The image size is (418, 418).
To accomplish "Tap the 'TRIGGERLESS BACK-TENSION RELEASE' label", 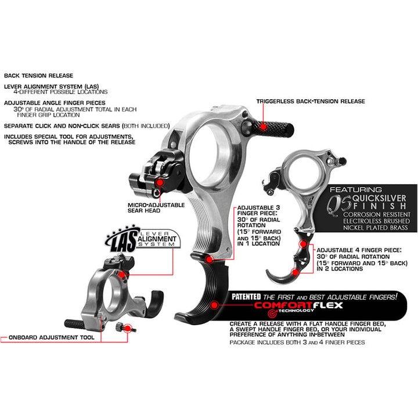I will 311,102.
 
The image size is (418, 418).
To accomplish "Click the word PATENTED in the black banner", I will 246,296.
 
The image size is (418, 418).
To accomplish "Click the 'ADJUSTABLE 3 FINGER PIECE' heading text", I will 259,208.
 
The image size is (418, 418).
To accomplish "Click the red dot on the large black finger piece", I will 214,303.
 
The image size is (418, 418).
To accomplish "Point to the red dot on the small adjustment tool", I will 128,329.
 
